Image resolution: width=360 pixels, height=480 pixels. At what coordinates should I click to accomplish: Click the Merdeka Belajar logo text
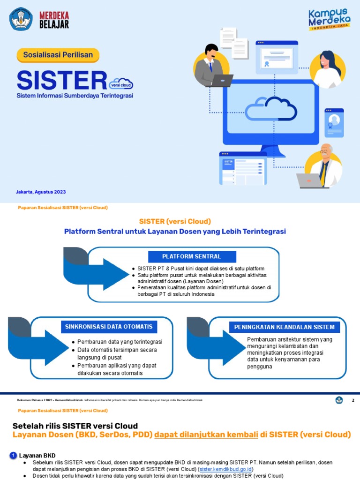54,19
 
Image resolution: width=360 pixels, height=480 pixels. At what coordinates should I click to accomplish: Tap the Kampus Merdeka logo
329,19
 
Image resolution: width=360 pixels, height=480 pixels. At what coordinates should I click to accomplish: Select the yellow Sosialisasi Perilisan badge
58,55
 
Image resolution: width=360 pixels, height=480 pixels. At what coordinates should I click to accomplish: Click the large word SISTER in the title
61,80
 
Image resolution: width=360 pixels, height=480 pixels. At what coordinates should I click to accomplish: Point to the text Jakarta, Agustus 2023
41,192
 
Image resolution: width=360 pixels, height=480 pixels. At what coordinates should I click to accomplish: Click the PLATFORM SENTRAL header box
192,256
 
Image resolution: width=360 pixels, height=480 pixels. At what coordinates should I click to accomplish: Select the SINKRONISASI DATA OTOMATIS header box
108,326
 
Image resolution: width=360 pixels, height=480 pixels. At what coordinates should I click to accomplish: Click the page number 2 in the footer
353,400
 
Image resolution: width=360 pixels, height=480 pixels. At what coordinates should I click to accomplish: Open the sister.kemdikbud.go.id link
226,469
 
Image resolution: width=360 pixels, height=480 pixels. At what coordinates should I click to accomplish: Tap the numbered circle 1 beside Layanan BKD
13,455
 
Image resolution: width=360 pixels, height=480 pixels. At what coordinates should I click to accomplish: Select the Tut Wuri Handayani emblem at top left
21,19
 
